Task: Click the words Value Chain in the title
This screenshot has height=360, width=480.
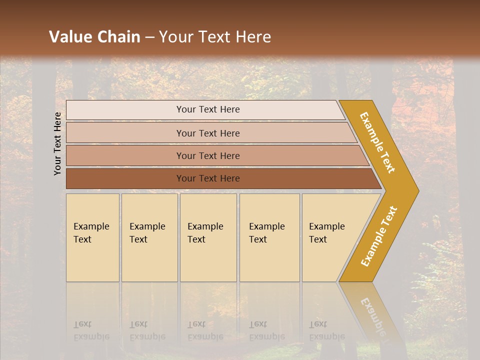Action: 94,37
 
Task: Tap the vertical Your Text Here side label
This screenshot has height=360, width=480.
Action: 57,144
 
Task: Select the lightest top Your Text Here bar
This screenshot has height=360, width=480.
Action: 207,109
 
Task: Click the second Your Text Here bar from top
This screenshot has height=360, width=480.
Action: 207,133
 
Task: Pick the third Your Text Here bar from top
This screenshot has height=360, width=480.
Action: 207,155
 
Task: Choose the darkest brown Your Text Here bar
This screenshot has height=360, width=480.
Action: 207,178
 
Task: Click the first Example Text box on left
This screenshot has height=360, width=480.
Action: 92,237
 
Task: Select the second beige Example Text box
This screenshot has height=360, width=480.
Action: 149,237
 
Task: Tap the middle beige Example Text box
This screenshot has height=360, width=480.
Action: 208,237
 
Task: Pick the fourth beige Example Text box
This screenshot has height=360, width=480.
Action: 269,237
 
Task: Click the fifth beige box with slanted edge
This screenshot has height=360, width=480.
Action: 330,237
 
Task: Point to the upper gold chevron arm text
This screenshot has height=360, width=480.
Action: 377,142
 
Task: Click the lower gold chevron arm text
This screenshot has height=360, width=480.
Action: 379,236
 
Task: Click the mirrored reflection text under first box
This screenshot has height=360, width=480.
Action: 91,330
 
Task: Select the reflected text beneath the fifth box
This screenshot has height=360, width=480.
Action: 326,330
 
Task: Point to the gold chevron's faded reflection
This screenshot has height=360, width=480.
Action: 372,315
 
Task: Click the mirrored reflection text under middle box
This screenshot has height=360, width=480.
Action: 205,330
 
